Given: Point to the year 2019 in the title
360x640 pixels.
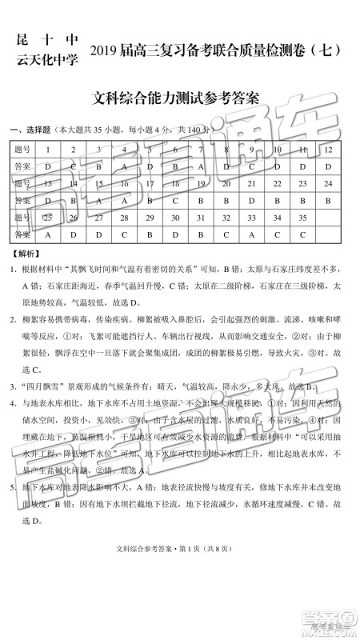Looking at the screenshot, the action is coord(116,50).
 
